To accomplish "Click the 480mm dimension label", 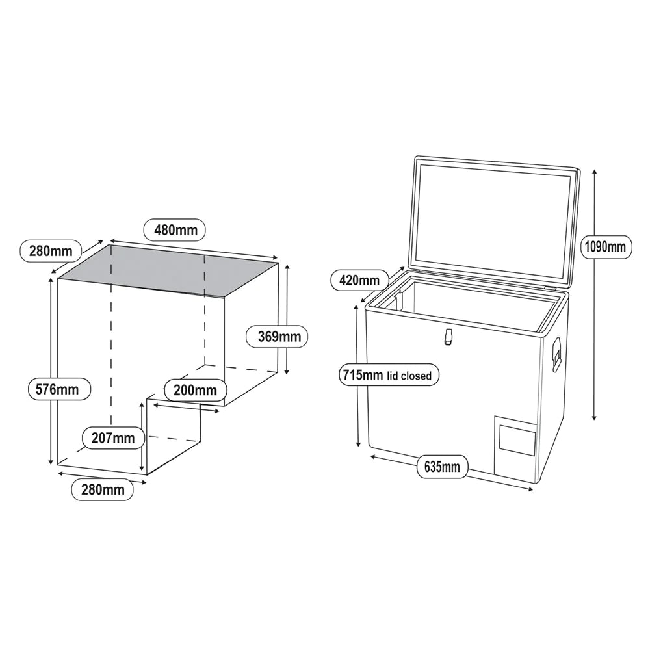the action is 174,229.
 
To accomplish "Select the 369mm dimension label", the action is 277,336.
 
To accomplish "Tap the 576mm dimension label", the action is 59,389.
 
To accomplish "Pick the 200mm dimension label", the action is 195,390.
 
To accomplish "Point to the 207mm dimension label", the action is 113,437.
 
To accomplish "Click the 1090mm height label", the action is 605,247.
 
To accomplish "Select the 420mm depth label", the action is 359,281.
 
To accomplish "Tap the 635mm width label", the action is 442,467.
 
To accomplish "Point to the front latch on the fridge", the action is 448,336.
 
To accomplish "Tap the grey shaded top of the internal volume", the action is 168,270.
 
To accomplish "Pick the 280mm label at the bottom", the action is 103,490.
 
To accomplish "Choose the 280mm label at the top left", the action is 51,251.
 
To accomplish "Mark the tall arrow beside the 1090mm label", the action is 595,294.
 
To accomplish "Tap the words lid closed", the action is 409,376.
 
